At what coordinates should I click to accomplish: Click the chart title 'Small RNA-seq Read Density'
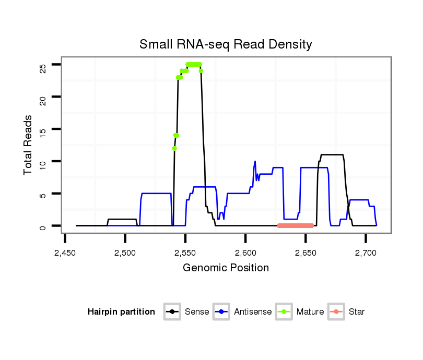coord(226,44)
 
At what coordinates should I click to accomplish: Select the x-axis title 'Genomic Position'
coord(226,268)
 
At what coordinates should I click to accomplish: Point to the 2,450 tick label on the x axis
coord(65,253)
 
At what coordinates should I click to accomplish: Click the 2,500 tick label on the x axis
coord(125,253)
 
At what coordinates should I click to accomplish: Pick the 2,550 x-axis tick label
coord(185,253)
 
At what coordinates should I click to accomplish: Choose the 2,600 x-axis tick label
coord(245,253)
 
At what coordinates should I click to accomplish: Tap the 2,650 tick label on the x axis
coord(305,253)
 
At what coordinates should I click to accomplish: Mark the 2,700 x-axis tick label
coord(366,253)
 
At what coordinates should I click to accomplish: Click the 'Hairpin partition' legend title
coord(122,312)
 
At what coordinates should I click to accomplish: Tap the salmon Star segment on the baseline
coord(296,225)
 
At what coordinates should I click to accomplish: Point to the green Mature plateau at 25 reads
coord(194,64)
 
